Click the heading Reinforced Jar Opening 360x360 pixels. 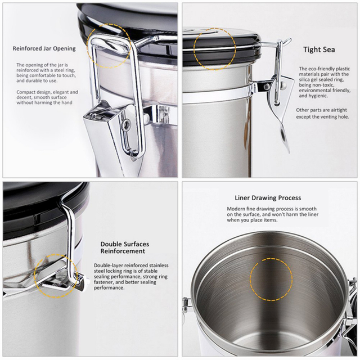pyautogui.click(x=43, y=49)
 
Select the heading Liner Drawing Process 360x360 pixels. pyautogui.click(x=268, y=198)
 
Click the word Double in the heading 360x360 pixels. pyautogui.click(x=110, y=244)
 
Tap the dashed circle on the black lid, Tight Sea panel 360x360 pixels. pyautogui.click(x=214, y=49)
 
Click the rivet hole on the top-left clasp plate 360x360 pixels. pyautogui.click(x=128, y=124)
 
